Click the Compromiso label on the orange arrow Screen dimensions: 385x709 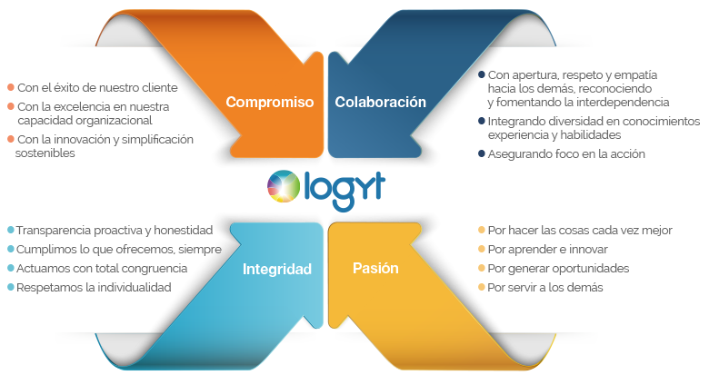[x=269, y=102]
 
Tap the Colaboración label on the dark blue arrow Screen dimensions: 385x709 [x=380, y=102]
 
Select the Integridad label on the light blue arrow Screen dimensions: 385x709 [x=276, y=270]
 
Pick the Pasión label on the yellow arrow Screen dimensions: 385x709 [x=374, y=270]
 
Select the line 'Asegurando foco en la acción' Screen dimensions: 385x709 [x=566, y=153]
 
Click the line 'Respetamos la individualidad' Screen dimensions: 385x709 [x=94, y=287]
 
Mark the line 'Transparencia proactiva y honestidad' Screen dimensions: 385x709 [x=114, y=230]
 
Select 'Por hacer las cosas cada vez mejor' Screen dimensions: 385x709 [x=579, y=230]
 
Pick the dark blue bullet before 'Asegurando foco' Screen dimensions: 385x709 [x=481, y=153]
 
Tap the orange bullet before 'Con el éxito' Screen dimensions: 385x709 [x=10, y=88]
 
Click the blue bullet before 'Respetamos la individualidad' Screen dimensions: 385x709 [x=10, y=287]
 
